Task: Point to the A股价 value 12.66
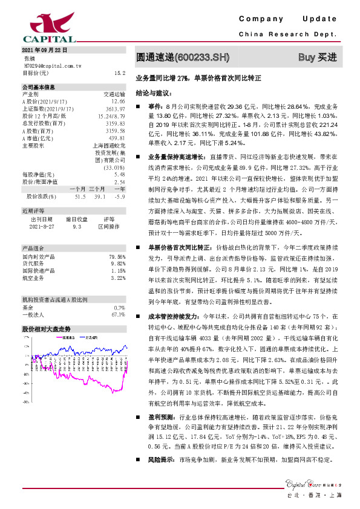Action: coord(119,101)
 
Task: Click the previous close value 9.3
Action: coord(77,226)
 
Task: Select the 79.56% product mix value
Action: coord(116,256)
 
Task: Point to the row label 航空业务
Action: coord(34,278)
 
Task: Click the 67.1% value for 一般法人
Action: coord(118,314)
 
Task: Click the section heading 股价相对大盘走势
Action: coord(47,329)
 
